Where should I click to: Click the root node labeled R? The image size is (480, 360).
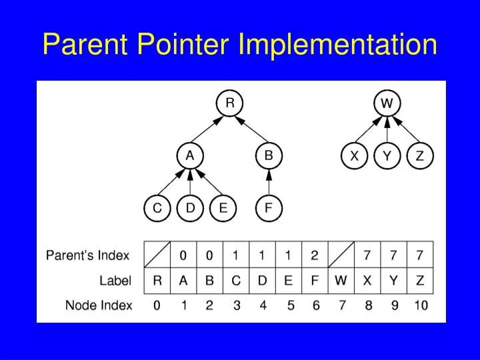tap(229, 103)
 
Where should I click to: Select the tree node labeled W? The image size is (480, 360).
tap(387, 103)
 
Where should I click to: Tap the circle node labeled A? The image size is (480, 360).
tap(190, 156)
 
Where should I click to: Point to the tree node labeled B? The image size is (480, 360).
tap(269, 156)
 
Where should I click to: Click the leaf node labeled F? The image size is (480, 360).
tap(269, 208)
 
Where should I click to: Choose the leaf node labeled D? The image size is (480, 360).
tap(190, 208)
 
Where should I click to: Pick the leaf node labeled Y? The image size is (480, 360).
tap(387, 156)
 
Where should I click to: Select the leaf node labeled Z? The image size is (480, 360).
tap(420, 156)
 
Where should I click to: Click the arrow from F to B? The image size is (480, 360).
tap(269, 182)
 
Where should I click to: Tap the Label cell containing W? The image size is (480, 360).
tap(341, 281)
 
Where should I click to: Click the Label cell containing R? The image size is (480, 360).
tap(157, 281)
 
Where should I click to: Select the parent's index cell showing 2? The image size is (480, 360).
tap(315, 255)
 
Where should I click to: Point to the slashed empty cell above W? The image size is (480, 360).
tap(341, 255)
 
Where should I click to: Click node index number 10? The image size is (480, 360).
tap(420, 306)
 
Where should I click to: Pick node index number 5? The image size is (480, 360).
tap(290, 306)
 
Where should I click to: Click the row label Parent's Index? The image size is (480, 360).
tap(87, 255)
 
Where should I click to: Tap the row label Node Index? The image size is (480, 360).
tap(99, 306)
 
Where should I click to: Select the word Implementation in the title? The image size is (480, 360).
tap(338, 45)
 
